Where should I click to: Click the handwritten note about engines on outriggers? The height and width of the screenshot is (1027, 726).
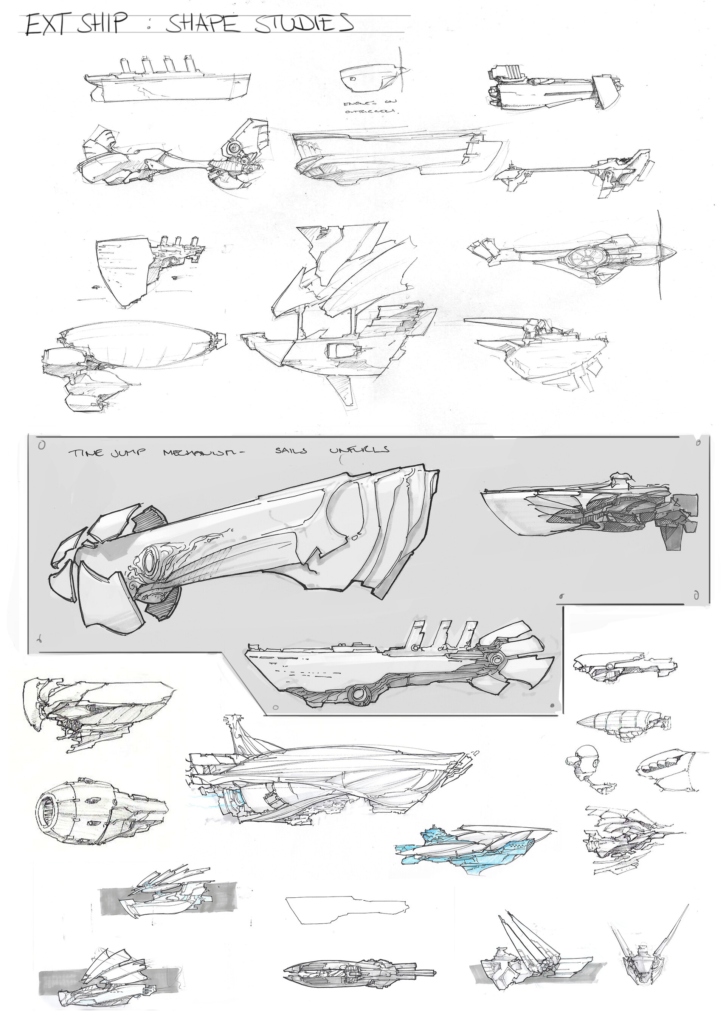tap(369, 108)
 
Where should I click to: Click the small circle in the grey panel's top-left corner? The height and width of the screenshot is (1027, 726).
tap(42, 445)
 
